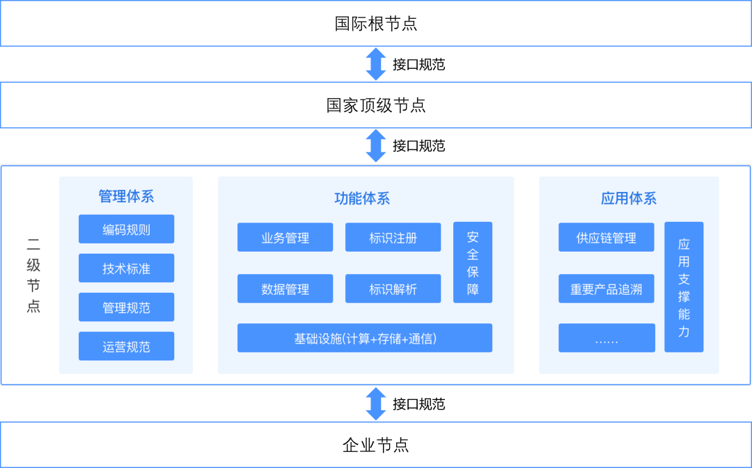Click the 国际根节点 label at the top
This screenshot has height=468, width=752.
(376, 24)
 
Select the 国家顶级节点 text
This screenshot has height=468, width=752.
(376, 105)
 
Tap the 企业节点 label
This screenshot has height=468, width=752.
(376, 445)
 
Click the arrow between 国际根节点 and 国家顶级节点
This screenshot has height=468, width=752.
(376, 64)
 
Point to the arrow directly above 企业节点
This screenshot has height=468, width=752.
(376, 404)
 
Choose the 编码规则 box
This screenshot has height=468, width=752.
(126, 229)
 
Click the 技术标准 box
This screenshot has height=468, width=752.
(126, 268)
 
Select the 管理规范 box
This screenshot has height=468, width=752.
(126, 307)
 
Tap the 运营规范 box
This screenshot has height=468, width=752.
(126, 346)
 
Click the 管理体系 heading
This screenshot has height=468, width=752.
(126, 196)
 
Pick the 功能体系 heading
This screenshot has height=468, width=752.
(362, 198)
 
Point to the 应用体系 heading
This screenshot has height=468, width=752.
(629, 198)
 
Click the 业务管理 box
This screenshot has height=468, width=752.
(285, 237)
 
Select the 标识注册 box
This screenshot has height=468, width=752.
(393, 237)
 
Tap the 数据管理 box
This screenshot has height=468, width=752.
(285, 289)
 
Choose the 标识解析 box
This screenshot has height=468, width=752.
(393, 289)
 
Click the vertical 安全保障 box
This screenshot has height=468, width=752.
(473, 262)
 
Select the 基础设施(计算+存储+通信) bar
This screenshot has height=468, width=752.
(365, 338)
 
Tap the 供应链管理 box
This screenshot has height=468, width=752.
(606, 237)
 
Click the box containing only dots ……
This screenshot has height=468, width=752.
(606, 338)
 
